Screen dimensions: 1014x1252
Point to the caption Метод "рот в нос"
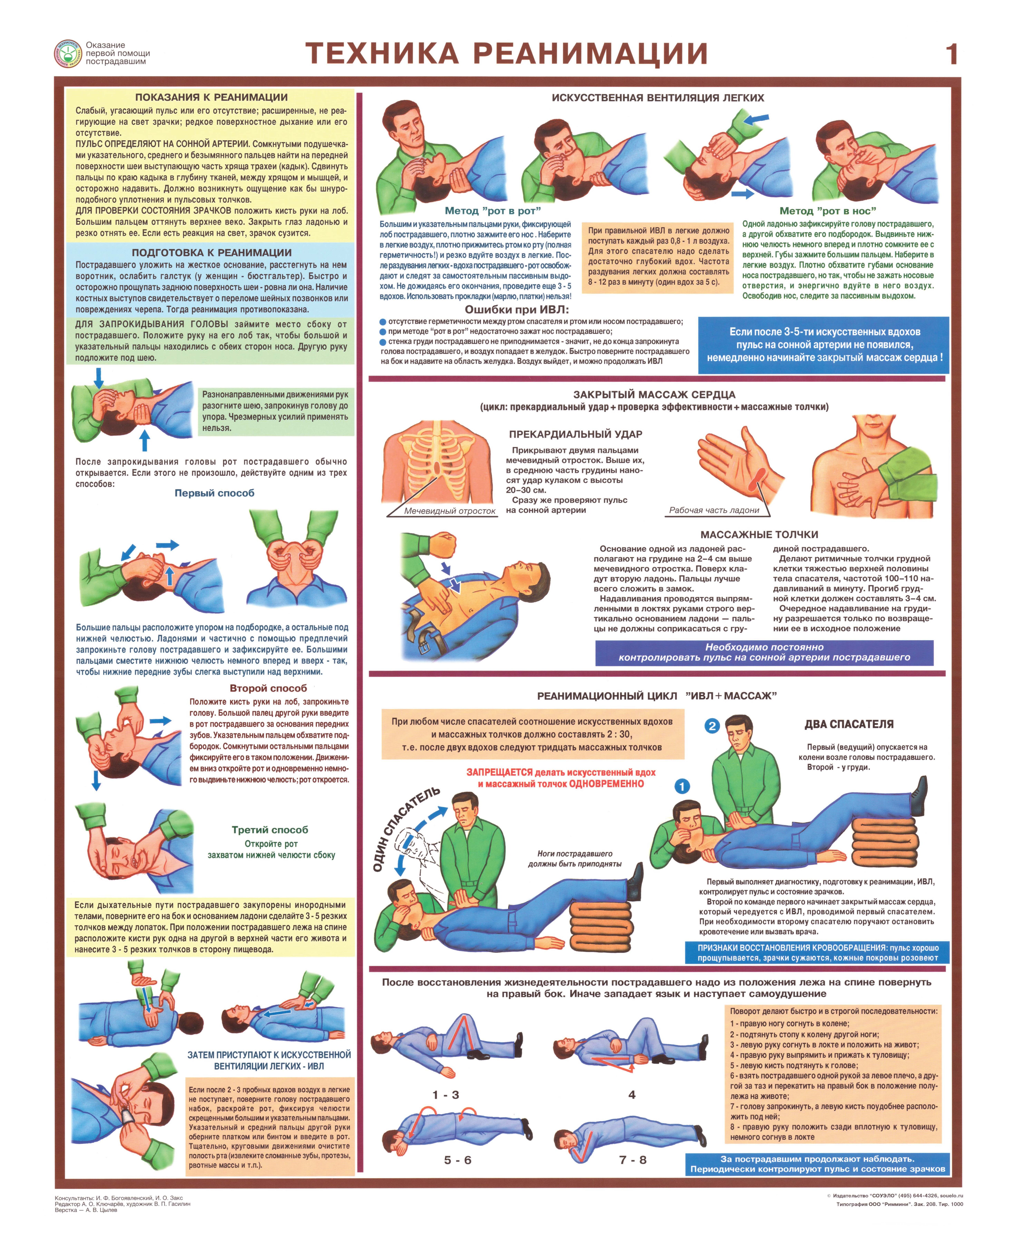coord(828,211)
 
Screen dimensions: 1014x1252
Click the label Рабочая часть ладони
coord(714,510)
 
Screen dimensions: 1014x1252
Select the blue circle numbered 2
coord(711,726)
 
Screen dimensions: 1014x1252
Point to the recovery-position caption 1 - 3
coord(446,1095)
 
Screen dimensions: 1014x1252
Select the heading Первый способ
coord(214,493)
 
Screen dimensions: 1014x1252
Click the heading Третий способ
coord(270,830)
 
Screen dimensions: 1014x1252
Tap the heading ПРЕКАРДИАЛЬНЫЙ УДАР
coord(575,434)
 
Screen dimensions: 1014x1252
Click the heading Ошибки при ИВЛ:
coord(516,310)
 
